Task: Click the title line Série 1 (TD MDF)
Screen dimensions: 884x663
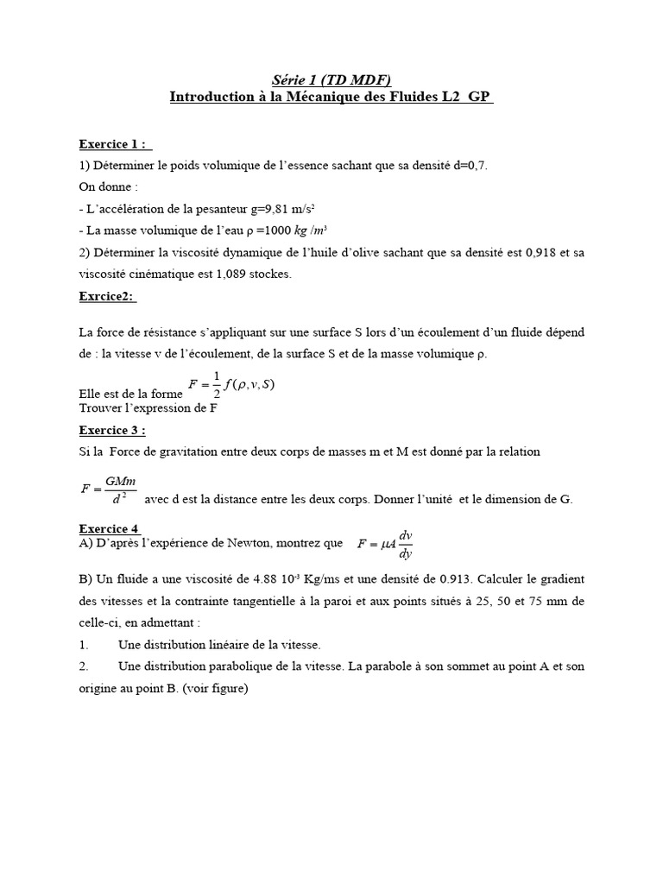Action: pyautogui.click(x=331, y=79)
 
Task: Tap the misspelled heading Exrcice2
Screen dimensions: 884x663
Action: pyautogui.click(x=108, y=296)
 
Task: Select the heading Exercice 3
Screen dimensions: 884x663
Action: pyautogui.click(x=112, y=430)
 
